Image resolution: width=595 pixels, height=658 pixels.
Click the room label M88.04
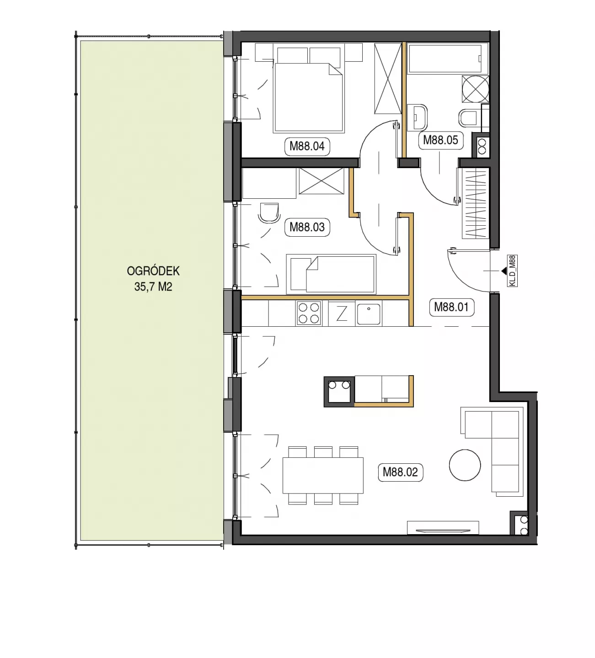tap(307, 146)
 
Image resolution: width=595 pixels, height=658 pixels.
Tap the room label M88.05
tap(440, 140)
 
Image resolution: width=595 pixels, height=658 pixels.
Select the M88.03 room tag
tap(307, 227)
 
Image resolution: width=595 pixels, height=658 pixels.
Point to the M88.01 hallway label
tap(451, 308)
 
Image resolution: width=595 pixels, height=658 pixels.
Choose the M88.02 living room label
tap(400, 472)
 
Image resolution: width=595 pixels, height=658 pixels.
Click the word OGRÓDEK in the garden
tap(153, 271)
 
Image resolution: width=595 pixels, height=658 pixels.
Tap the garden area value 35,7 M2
tap(153, 287)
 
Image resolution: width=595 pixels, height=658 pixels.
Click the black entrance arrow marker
tap(504, 271)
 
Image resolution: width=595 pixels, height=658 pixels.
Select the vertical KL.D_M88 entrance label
tap(513, 271)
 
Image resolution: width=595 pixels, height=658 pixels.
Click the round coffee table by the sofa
tap(465, 465)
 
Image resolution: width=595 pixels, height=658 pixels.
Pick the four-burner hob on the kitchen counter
tap(309, 313)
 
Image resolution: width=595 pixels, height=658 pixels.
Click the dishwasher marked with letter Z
tap(342, 314)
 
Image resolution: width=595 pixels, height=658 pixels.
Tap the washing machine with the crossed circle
tap(475, 89)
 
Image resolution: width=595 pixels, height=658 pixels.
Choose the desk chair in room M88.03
tap(269, 212)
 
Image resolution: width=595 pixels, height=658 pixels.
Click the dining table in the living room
tap(323, 475)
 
